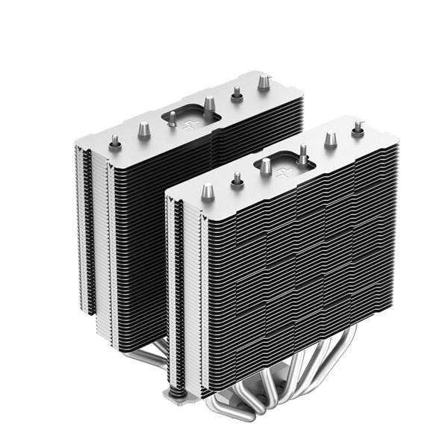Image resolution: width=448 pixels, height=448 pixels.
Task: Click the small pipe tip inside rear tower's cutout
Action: click(172, 118)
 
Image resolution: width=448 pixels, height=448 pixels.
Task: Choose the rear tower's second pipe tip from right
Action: click(237, 93)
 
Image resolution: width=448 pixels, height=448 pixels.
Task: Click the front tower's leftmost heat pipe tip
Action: click(210, 193)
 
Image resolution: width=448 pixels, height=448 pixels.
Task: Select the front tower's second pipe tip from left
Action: click(237, 179)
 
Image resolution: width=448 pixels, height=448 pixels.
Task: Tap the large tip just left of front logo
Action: click(265, 167)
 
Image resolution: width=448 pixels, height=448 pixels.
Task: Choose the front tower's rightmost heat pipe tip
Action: click(358, 128)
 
